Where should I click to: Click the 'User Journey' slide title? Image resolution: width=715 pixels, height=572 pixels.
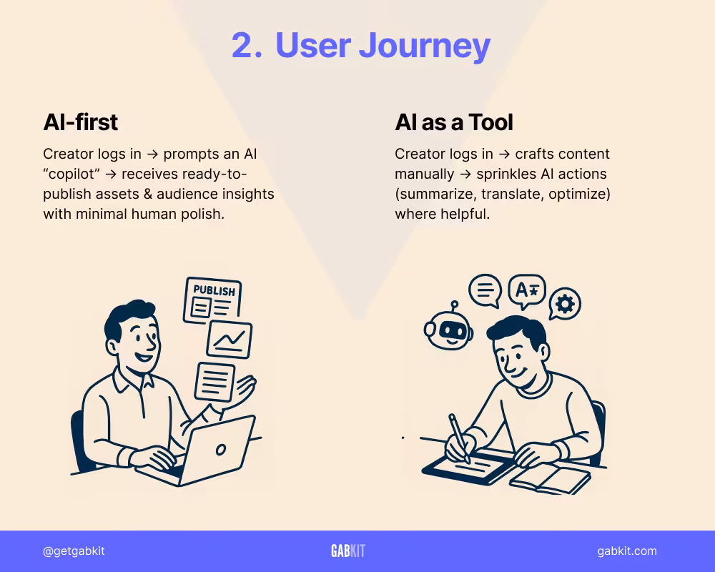383,46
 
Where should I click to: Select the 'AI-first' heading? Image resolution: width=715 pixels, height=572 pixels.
80,122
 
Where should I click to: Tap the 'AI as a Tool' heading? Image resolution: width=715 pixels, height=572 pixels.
454,122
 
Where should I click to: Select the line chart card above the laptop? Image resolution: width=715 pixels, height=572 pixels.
229,339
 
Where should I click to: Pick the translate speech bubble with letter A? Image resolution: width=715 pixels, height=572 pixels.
526,290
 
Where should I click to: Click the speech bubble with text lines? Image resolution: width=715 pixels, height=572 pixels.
485,290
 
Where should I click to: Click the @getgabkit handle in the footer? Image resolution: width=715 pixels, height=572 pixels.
74,551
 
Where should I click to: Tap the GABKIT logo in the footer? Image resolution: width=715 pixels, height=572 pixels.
348,551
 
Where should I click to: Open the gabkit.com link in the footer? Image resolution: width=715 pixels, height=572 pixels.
626,551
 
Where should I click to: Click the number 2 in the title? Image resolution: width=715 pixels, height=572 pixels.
246,46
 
